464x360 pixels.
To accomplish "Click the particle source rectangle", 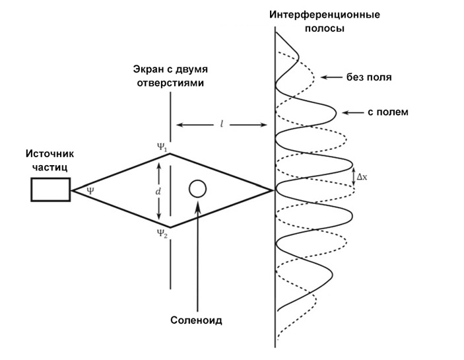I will point(51,190).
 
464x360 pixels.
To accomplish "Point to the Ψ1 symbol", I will point(161,145).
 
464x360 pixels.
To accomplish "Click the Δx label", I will point(362,177).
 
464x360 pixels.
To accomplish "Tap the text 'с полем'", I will point(389,112).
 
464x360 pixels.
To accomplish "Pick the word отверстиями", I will point(170,83).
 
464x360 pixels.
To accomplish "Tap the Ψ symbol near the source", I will point(90,190).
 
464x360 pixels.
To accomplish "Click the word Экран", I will point(150,71).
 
